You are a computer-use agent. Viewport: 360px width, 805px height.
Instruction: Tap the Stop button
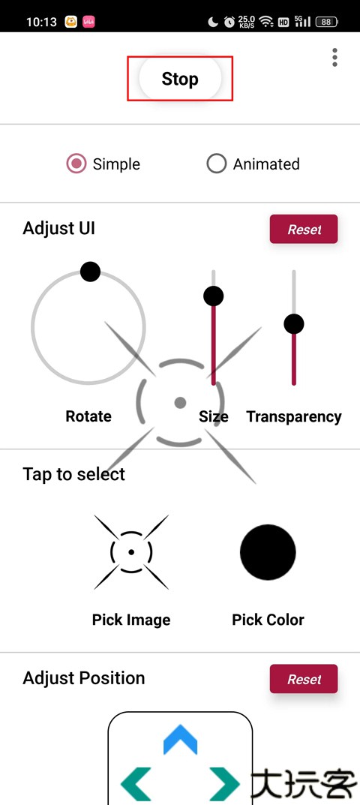(x=180, y=79)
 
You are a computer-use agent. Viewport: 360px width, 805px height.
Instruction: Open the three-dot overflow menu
(x=334, y=58)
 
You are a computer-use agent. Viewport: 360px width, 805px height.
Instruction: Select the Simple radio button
(x=76, y=164)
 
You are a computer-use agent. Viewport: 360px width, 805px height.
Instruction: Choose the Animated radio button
(x=216, y=164)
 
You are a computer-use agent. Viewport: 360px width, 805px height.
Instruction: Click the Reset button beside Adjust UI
(x=304, y=229)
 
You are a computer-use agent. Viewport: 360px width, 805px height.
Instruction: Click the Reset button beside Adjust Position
(x=304, y=679)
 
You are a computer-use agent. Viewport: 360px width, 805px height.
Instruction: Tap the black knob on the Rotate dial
(x=90, y=272)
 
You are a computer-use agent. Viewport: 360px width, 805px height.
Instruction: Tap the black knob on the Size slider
(x=214, y=296)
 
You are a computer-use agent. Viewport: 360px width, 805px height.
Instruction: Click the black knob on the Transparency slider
(x=294, y=324)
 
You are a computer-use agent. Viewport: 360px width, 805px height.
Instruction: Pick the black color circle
(x=268, y=552)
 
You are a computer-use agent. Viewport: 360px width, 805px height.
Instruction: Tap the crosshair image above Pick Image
(x=131, y=552)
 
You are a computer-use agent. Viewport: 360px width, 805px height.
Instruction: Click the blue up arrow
(x=180, y=739)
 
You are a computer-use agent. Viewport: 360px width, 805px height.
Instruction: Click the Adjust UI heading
(x=59, y=228)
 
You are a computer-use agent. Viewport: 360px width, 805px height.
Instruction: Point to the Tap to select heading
(x=74, y=474)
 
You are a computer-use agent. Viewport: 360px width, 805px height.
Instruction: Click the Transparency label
(x=294, y=416)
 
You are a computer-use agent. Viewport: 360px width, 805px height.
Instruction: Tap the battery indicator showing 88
(x=326, y=22)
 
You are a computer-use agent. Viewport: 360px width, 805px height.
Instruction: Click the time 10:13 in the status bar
(x=41, y=22)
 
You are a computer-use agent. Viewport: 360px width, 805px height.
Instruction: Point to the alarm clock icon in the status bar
(x=229, y=22)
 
